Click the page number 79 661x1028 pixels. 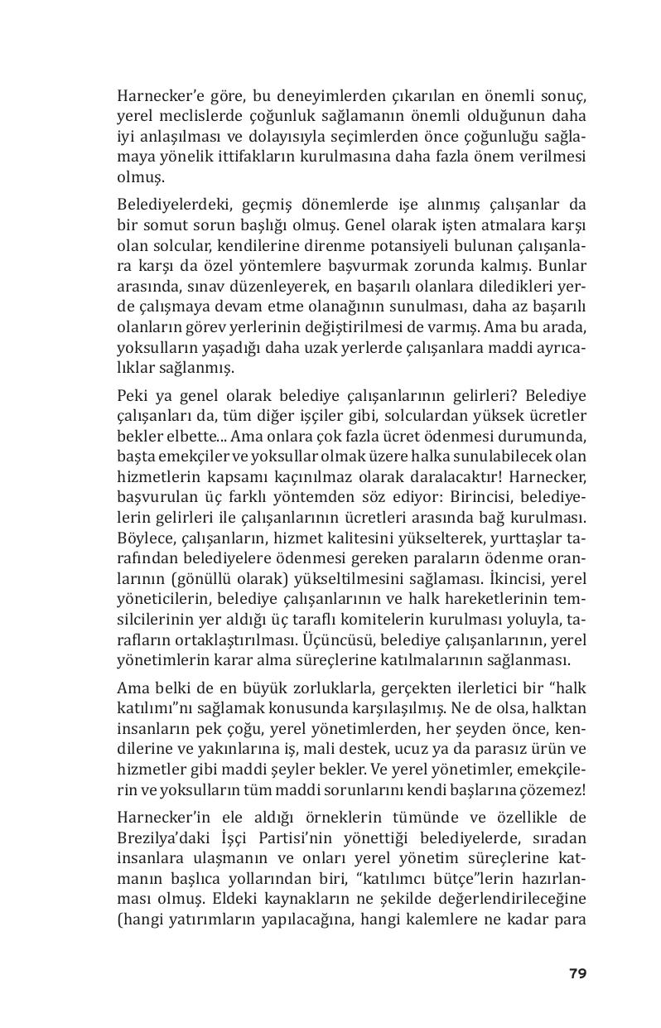coord(577,972)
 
